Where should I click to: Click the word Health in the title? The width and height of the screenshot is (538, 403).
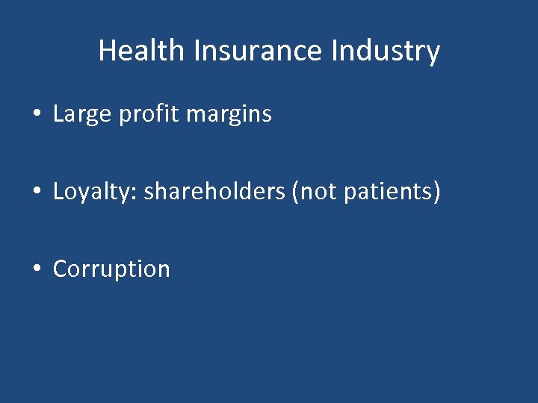140,51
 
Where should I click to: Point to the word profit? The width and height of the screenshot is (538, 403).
145,115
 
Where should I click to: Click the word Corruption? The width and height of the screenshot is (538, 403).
111,269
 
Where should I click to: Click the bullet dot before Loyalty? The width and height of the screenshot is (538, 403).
36,193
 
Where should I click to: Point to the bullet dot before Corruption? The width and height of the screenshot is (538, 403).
36,269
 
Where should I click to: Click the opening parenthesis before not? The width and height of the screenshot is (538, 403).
296,193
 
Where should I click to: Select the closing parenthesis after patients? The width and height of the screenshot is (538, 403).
436,193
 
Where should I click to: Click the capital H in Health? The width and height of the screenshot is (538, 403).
106,51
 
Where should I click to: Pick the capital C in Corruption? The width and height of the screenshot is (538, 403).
60,269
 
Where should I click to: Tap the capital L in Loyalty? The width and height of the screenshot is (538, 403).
58,192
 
